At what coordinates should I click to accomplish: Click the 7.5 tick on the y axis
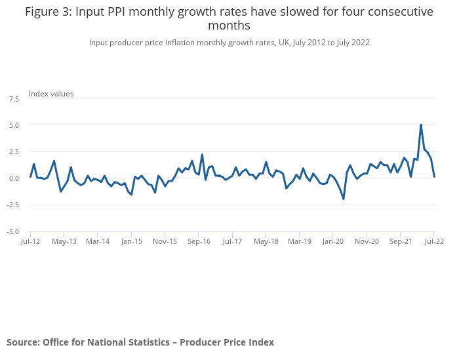(x=14, y=98)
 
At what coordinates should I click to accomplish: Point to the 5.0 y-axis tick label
(x=14, y=125)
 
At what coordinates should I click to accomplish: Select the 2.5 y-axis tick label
(x=14, y=151)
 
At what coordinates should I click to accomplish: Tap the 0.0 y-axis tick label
(x=14, y=178)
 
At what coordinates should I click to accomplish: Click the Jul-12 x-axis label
(x=30, y=241)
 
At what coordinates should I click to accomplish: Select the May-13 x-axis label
(x=64, y=241)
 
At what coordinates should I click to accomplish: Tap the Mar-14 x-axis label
(x=98, y=241)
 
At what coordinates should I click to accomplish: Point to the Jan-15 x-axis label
(x=131, y=241)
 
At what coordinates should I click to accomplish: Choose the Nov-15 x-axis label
(x=165, y=241)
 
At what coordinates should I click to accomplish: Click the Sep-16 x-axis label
(x=199, y=241)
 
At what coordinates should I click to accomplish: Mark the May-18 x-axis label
(x=266, y=241)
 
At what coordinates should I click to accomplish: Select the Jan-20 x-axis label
(x=333, y=241)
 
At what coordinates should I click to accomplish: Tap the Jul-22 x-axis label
(x=434, y=241)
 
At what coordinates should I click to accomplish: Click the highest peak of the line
(x=421, y=125)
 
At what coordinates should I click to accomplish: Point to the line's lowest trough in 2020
(x=344, y=199)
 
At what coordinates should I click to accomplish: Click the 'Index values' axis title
(x=51, y=94)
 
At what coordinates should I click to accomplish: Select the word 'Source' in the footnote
(x=22, y=342)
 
